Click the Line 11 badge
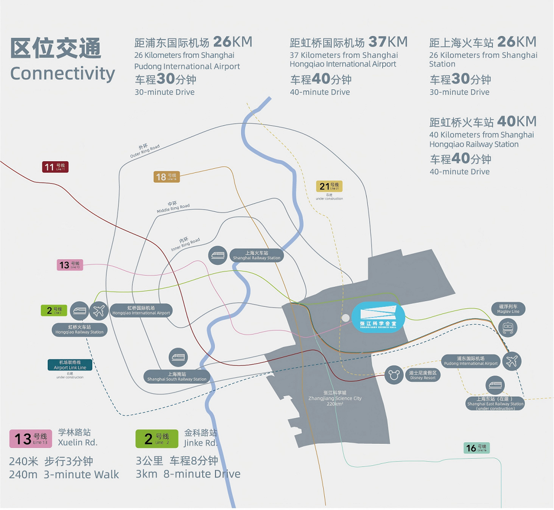tap(55, 167)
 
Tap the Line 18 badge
tap(166, 176)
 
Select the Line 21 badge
tap(329, 186)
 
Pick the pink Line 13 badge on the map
tap(69, 265)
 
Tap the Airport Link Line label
tap(70, 365)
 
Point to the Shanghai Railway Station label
tap(256, 256)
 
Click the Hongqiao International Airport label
tap(141, 310)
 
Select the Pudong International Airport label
tap(470, 361)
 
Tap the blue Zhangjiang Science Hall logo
tap(379, 317)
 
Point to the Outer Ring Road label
tap(145, 151)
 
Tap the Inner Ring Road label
tap(186, 244)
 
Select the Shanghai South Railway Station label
tap(177, 377)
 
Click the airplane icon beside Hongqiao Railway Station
tap(100, 310)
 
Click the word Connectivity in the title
tap(63, 73)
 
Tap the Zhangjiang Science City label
tap(335, 398)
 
